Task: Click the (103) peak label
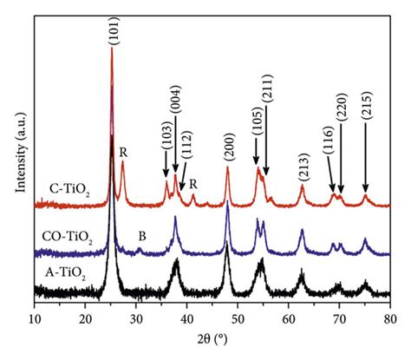click(x=166, y=136)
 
